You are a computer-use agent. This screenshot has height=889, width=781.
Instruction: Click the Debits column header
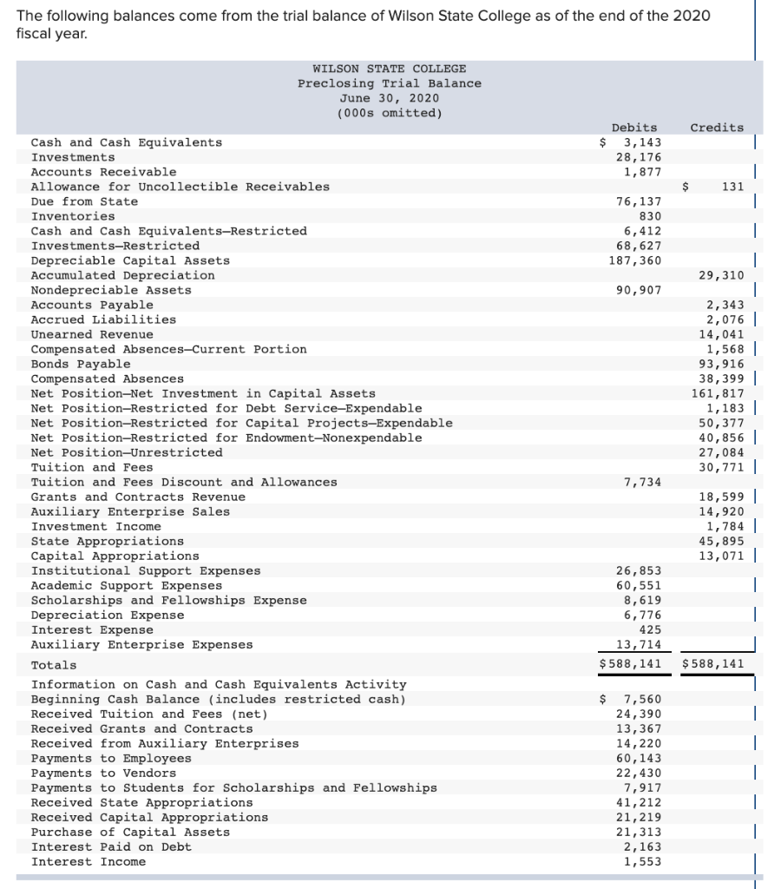pos(633,128)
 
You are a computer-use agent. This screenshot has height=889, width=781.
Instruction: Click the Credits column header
pos(716,128)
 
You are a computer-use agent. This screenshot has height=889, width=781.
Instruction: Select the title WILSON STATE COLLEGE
pos(389,69)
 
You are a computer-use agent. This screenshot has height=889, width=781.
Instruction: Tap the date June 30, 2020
pos(389,98)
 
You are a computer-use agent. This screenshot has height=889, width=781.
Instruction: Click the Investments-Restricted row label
pos(115,246)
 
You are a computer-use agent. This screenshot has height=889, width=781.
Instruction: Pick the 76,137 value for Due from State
pos(639,201)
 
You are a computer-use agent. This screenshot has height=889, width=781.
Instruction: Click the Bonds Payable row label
pos(81,364)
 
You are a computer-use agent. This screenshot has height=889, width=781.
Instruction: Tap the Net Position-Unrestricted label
pos(127,452)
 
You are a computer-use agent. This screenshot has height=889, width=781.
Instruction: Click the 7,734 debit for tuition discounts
pos(642,482)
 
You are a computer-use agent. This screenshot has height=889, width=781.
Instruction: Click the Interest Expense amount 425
pos(649,629)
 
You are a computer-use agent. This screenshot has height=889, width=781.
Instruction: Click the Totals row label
pos(54,665)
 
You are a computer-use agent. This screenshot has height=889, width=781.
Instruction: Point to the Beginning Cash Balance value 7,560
pos(642,699)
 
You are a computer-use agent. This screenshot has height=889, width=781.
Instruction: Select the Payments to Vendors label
pos(103,773)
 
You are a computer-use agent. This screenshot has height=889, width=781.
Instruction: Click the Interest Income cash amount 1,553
pos(642,861)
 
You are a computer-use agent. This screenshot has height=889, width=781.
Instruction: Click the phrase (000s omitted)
pos(389,113)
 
